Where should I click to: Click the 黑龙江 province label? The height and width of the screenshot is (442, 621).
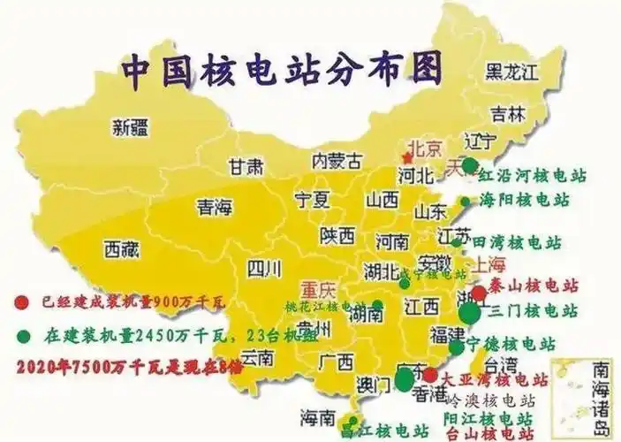click(519, 71)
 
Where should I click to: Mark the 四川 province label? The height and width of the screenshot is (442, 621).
click(262, 267)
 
